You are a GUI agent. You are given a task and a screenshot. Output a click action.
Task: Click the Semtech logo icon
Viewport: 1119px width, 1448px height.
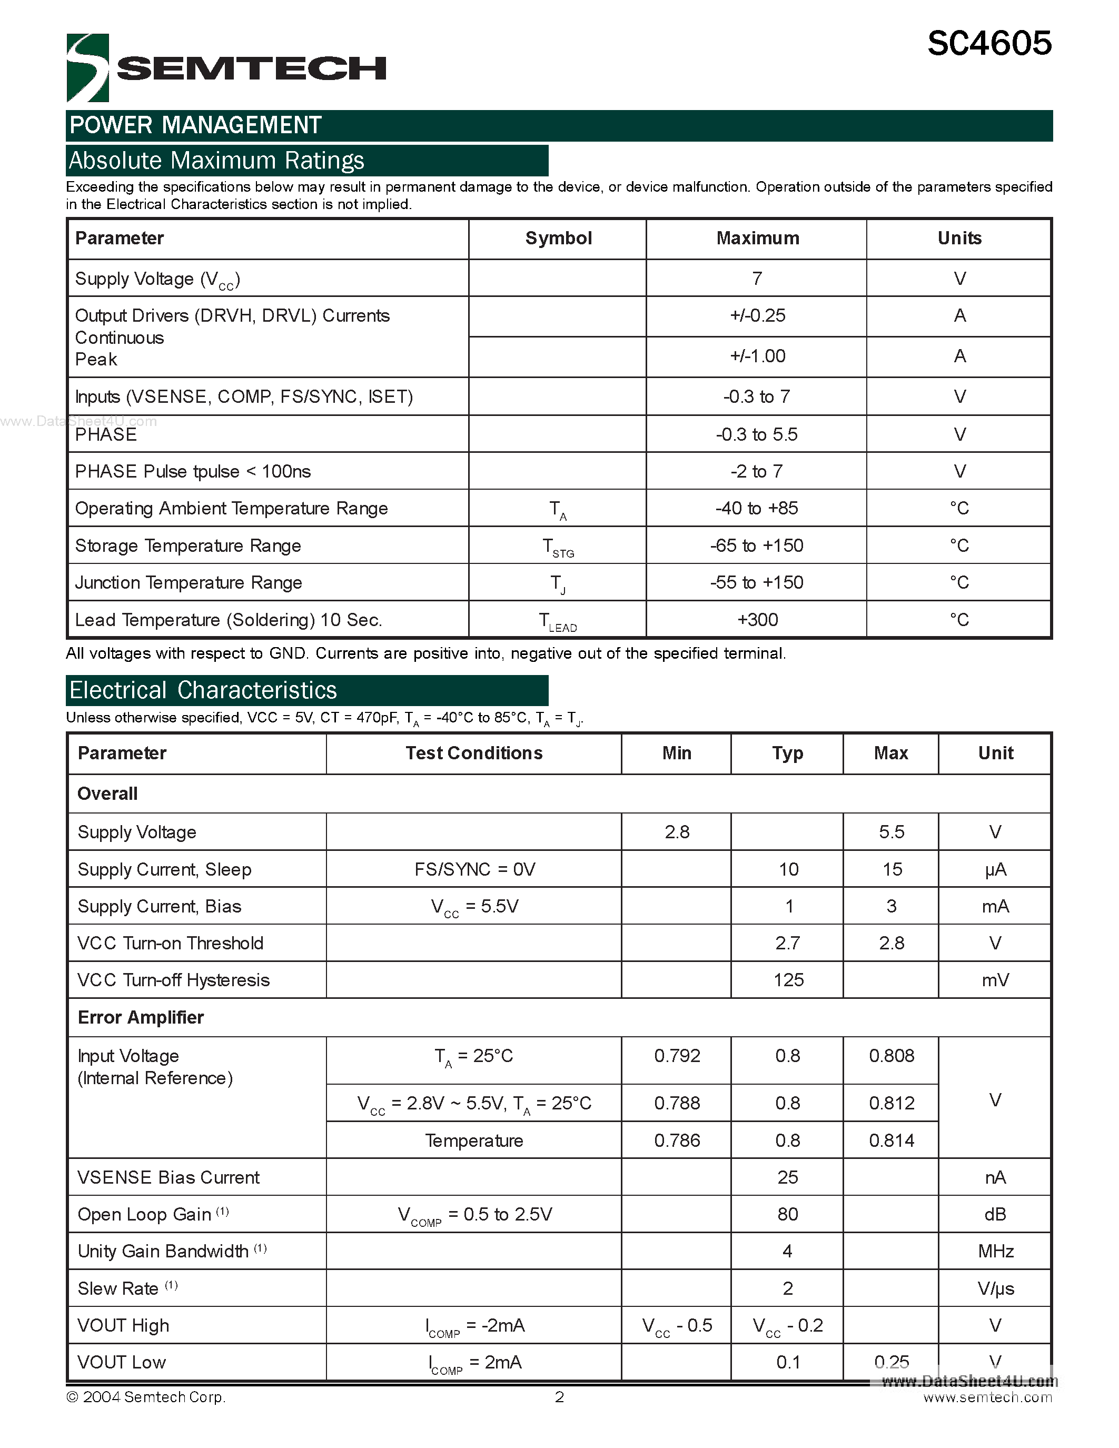click(87, 67)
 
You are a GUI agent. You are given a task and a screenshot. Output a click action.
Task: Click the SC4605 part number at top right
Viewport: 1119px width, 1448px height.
click(988, 44)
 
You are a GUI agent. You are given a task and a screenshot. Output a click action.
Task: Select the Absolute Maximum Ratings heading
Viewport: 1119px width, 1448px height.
click(217, 161)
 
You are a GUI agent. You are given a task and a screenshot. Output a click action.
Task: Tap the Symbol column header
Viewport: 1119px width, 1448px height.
click(558, 239)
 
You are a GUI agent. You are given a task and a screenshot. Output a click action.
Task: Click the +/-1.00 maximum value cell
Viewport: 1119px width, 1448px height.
click(757, 356)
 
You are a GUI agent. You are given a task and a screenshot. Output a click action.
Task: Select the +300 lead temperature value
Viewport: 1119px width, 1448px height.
click(757, 619)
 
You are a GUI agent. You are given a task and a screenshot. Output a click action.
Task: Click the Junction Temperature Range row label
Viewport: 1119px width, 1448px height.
click(189, 583)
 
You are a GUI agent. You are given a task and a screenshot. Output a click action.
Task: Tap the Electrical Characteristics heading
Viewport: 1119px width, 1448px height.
click(203, 690)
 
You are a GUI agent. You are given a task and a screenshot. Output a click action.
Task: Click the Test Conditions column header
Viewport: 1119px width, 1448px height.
click(474, 753)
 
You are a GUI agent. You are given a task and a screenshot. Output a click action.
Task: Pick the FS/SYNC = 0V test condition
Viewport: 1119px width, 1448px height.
click(474, 869)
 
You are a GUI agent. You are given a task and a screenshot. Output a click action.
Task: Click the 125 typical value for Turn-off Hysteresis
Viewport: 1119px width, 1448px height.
click(788, 980)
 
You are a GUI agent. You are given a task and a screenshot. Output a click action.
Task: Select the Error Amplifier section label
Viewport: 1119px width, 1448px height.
click(141, 1018)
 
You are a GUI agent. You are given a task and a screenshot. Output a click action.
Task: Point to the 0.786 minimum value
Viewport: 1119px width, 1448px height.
click(677, 1140)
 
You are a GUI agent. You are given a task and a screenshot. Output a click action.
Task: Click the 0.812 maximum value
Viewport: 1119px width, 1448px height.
click(891, 1103)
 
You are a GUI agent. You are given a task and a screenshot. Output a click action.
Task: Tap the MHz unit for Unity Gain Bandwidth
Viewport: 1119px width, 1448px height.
click(995, 1251)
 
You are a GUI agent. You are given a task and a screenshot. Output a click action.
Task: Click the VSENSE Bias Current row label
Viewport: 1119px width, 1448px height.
click(169, 1177)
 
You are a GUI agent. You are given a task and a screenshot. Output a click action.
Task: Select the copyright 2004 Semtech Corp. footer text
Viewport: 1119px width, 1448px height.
click(146, 1397)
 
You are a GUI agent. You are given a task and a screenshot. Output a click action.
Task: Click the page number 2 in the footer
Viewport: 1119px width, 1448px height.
click(559, 1397)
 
